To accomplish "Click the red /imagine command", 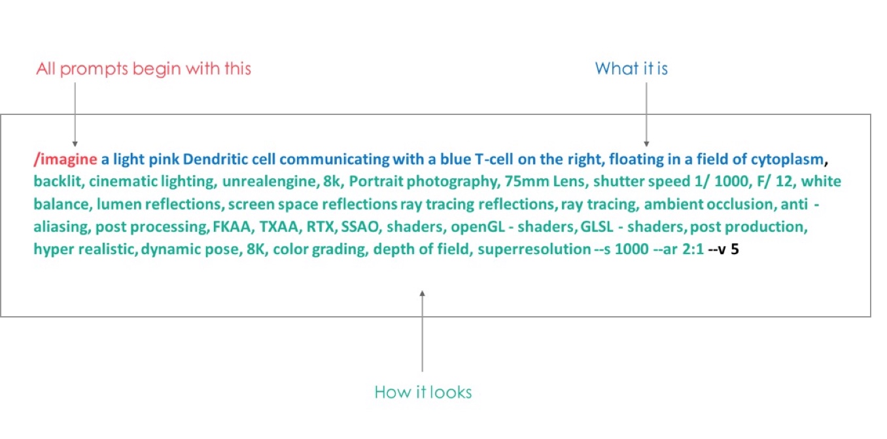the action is [65, 159].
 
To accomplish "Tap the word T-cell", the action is [493, 159].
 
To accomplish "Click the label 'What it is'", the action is [632, 69].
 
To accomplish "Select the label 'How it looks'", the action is [423, 392].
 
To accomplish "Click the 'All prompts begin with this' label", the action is [143, 69].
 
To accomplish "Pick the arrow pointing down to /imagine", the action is [75, 114].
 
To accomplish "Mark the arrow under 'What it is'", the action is [646, 114].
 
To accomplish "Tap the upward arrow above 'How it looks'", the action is [423, 331].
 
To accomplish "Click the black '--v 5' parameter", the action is [723, 249].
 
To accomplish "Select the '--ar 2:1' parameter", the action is [678, 249].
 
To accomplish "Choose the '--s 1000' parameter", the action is [621, 249].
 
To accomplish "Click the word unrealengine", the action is [270, 182].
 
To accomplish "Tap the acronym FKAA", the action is [232, 227].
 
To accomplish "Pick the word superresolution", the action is [534, 250].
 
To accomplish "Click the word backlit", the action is [58, 181].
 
